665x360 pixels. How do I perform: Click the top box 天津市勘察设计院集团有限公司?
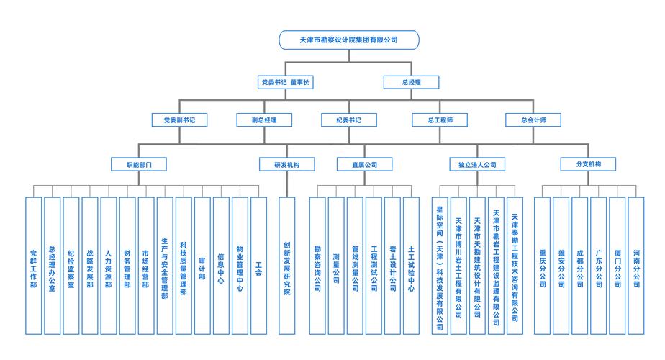pyautogui.click(x=348, y=40)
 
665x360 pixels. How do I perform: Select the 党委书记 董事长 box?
pyautogui.click(x=285, y=83)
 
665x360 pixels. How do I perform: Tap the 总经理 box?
pyautogui.click(x=411, y=83)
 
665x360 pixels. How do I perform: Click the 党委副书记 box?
pyautogui.click(x=179, y=120)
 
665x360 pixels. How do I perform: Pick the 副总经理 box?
pyautogui.click(x=263, y=120)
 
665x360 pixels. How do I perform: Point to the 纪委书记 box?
pyautogui.click(x=348, y=120)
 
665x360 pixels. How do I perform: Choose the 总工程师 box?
pyautogui.click(x=440, y=120)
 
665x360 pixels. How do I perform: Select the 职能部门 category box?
pyautogui.click(x=138, y=164)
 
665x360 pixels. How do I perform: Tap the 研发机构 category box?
pyautogui.click(x=286, y=164)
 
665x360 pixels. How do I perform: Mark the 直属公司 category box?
pyautogui.click(x=364, y=164)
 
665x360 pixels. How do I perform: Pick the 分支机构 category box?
pyautogui.click(x=588, y=164)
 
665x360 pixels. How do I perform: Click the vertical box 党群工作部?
pyautogui.click(x=33, y=266)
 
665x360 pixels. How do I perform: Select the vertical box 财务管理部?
pyautogui.click(x=127, y=266)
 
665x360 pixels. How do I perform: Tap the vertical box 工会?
pyautogui.click(x=258, y=266)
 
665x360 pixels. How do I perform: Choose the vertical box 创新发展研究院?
pyautogui.click(x=286, y=266)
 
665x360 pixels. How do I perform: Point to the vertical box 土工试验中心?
pyautogui.click(x=411, y=266)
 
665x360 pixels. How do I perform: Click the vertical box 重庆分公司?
pyautogui.click(x=542, y=266)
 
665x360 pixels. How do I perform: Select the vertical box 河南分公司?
pyautogui.click(x=636, y=266)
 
